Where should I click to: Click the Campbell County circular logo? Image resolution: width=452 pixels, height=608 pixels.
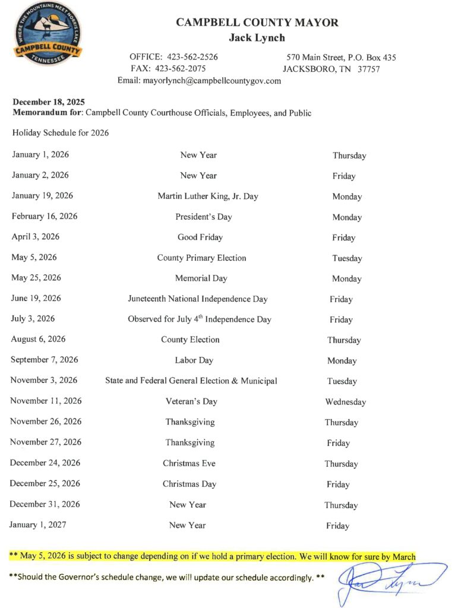pos(48,35)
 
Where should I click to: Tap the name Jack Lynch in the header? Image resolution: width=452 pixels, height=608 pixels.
pos(257,38)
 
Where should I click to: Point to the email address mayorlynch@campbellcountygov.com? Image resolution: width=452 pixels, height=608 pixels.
pos(211,81)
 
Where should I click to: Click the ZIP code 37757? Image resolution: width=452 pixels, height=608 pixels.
pos(368,69)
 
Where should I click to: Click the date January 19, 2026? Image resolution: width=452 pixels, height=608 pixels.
pos(42,196)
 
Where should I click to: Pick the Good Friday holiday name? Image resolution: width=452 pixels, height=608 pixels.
pos(200,237)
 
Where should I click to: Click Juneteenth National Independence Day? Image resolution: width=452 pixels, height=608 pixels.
pos(198,299)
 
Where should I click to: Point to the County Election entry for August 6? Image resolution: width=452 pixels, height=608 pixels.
pos(190,340)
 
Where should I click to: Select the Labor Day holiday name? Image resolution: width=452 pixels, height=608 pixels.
pos(194,360)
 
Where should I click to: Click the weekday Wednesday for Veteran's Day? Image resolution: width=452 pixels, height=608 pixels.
pos(346,402)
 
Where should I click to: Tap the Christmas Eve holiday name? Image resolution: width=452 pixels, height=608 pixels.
pos(189,463)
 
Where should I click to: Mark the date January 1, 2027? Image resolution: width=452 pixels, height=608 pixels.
pos(37,525)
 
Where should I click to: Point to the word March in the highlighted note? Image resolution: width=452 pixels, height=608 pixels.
pos(403,556)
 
